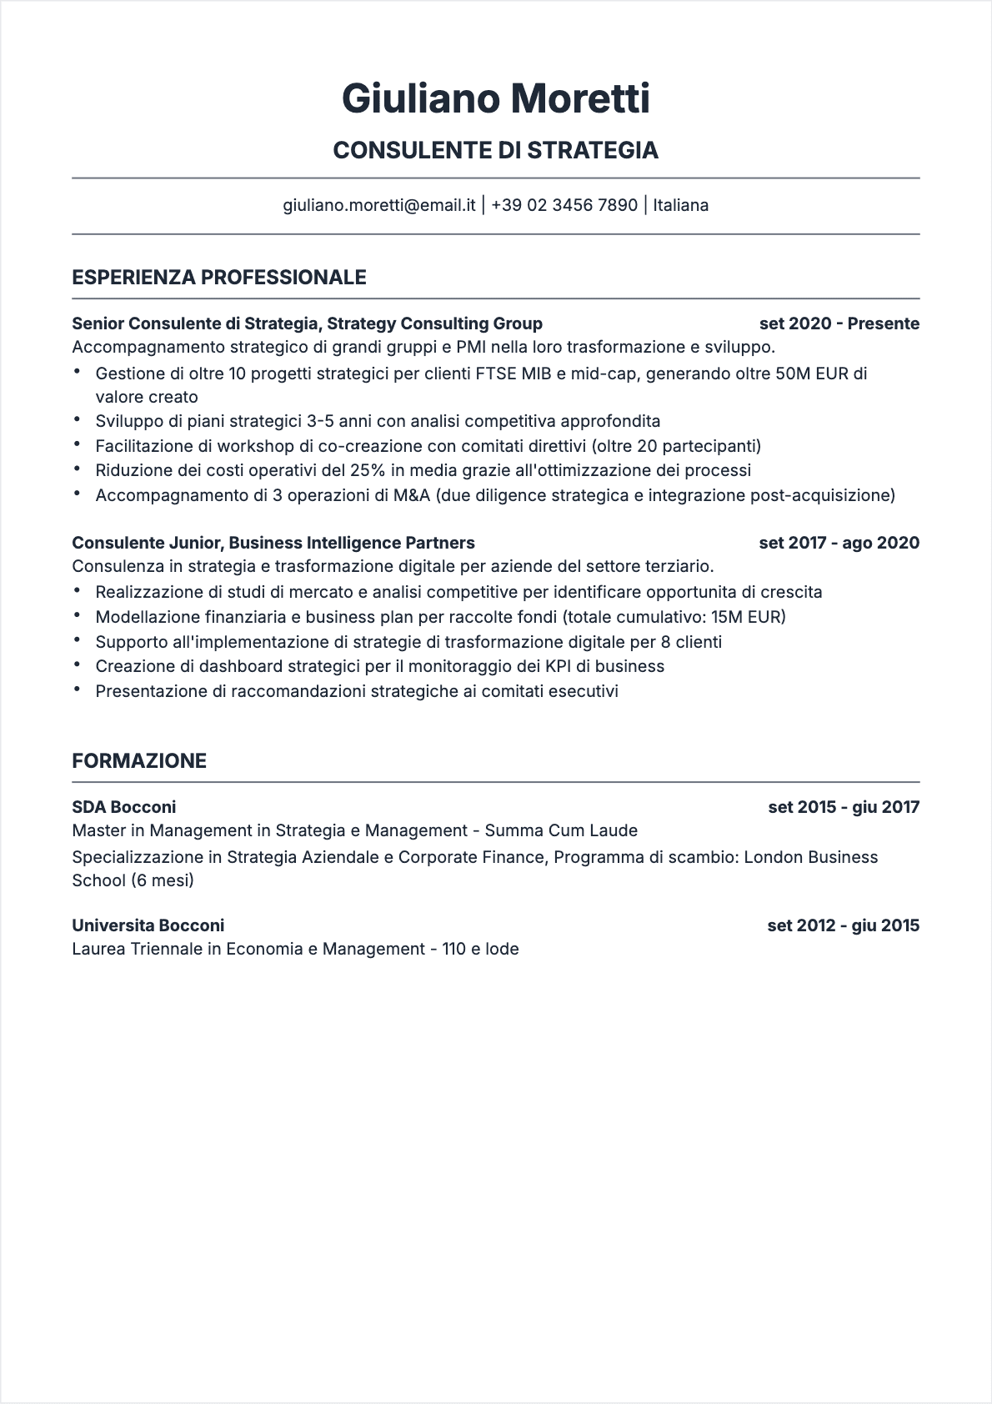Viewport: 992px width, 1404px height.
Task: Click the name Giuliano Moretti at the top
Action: [495, 98]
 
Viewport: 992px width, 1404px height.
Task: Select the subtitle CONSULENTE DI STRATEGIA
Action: [495, 150]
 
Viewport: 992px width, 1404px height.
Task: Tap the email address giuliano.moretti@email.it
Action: [379, 205]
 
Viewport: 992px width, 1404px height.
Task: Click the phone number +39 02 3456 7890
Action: [564, 205]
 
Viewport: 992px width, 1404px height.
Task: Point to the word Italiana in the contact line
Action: [681, 205]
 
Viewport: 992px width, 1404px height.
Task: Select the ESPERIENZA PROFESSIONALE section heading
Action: [219, 278]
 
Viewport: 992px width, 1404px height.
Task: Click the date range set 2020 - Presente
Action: [839, 323]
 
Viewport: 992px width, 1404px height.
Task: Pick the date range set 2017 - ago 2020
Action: [839, 543]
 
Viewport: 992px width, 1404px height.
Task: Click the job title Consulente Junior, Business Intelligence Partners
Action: [273, 543]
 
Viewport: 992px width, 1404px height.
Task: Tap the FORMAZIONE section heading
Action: [139, 761]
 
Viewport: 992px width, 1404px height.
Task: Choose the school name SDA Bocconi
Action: [124, 807]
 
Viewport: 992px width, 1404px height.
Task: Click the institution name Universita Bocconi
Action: [148, 925]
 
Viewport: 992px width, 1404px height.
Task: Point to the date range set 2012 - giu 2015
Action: [843, 925]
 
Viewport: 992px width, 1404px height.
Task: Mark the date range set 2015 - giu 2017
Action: [844, 807]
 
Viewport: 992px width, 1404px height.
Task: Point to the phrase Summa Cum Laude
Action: [561, 830]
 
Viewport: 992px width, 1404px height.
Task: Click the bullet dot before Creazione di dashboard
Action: [78, 665]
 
